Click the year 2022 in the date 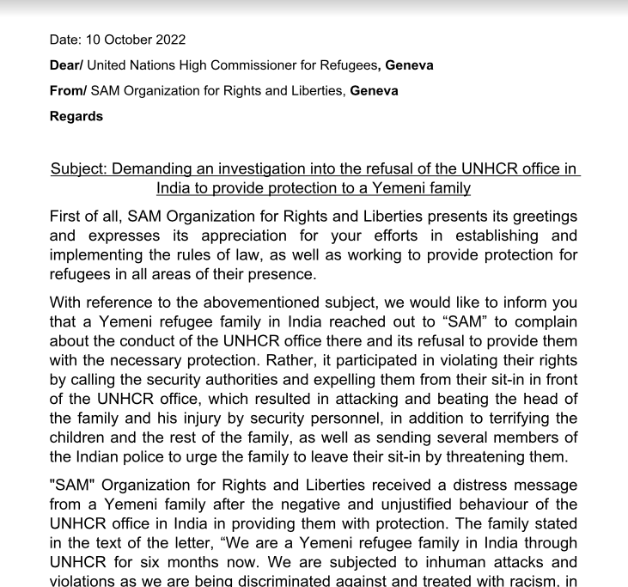169,40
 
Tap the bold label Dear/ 66,65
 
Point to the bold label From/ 68,90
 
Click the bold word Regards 76,116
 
